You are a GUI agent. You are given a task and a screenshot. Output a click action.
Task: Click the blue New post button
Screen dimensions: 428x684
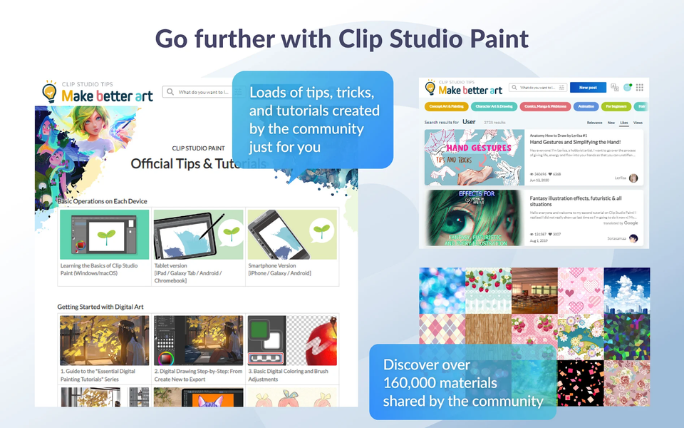tap(588, 88)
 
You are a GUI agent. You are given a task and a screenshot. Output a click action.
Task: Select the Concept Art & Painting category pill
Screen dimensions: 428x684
tap(447, 106)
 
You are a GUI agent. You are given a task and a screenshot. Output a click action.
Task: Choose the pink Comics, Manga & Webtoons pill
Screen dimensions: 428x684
tap(545, 106)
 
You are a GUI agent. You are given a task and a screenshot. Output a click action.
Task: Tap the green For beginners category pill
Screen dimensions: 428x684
tap(616, 106)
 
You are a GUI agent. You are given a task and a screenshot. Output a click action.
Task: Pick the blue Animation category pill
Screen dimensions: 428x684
tap(586, 106)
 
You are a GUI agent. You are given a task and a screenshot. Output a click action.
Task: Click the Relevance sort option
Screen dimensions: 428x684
tap(594, 123)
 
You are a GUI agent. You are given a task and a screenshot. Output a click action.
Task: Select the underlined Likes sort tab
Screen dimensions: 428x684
tap(624, 123)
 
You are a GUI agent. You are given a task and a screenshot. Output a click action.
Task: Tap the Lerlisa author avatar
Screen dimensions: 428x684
tap(633, 178)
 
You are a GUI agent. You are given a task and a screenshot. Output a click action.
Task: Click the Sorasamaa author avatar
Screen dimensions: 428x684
tap(633, 238)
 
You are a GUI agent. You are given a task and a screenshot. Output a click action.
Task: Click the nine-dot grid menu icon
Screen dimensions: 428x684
tap(640, 88)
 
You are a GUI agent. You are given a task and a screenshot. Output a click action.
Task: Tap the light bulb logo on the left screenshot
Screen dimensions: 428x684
tap(49, 92)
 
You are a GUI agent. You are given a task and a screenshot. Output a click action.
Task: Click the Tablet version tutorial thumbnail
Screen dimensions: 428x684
tap(198, 234)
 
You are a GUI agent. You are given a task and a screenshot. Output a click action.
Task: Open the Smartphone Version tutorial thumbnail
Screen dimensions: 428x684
tap(292, 234)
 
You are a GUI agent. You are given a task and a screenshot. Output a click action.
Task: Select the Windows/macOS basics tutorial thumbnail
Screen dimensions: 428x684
tap(105, 234)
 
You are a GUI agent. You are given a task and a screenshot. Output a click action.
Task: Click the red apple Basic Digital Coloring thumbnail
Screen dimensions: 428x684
tap(292, 340)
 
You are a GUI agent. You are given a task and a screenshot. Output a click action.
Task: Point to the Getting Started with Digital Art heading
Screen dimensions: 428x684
tap(100, 307)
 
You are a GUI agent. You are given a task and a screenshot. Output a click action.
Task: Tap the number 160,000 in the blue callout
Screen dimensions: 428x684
tap(415, 384)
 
